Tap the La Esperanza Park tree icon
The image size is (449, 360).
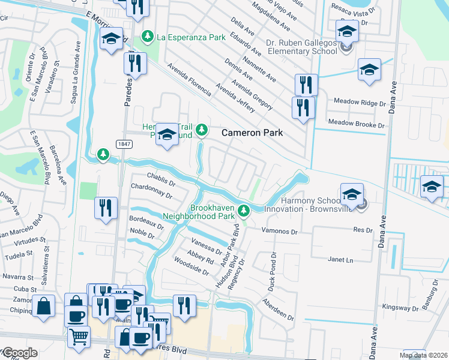click(x=147, y=37)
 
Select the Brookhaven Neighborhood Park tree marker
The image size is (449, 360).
click(x=244, y=210)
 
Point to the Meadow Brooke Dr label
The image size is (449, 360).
click(x=356, y=124)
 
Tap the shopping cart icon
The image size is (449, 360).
click(x=79, y=337)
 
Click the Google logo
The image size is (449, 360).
click(x=19, y=353)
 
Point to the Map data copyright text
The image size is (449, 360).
click(x=423, y=355)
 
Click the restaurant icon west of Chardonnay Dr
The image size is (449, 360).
click(x=106, y=208)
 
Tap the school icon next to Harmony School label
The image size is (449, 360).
click(x=352, y=194)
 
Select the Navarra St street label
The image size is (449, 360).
click(x=17, y=278)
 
